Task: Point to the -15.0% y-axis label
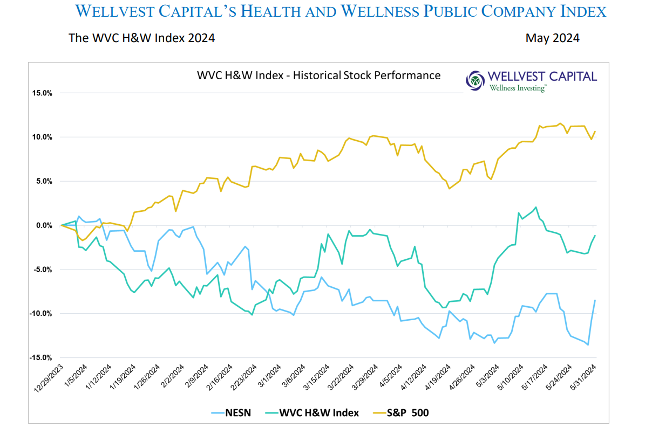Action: (x=40, y=358)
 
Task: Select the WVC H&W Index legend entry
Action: (x=318, y=413)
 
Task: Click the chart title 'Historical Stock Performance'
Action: (x=319, y=75)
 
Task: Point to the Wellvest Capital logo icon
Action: (x=475, y=81)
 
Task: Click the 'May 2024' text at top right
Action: (x=552, y=38)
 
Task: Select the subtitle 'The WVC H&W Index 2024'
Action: (x=141, y=38)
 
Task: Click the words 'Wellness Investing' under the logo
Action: (x=518, y=88)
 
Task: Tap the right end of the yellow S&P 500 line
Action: (x=595, y=131)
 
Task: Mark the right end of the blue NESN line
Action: (x=595, y=300)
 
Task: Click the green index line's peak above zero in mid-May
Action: (x=535, y=207)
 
